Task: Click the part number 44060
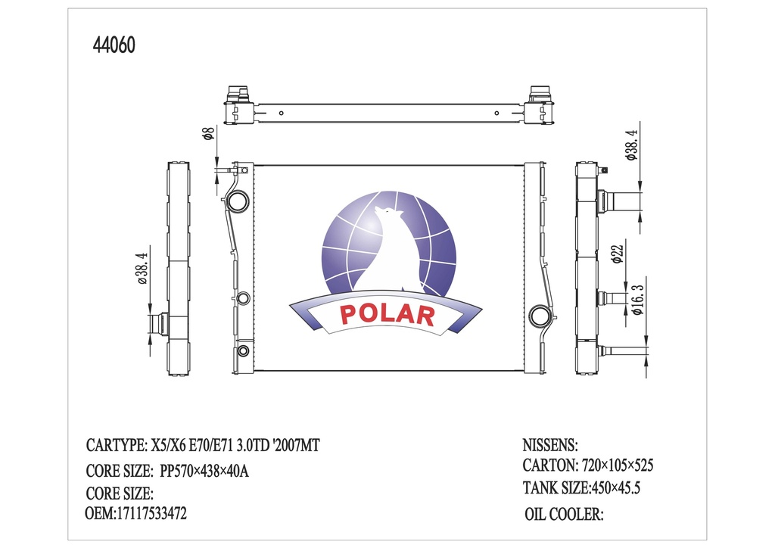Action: [114, 45]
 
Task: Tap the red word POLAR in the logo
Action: [387, 314]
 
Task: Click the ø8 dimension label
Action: [209, 133]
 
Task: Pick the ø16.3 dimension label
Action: [638, 299]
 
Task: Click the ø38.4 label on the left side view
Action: [142, 268]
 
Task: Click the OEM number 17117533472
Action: [151, 513]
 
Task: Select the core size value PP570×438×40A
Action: [204, 471]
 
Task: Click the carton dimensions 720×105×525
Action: [618, 465]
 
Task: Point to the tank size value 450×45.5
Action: [615, 488]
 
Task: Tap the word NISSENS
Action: [550, 445]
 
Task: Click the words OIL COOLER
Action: [564, 514]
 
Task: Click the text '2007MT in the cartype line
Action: [296, 445]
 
